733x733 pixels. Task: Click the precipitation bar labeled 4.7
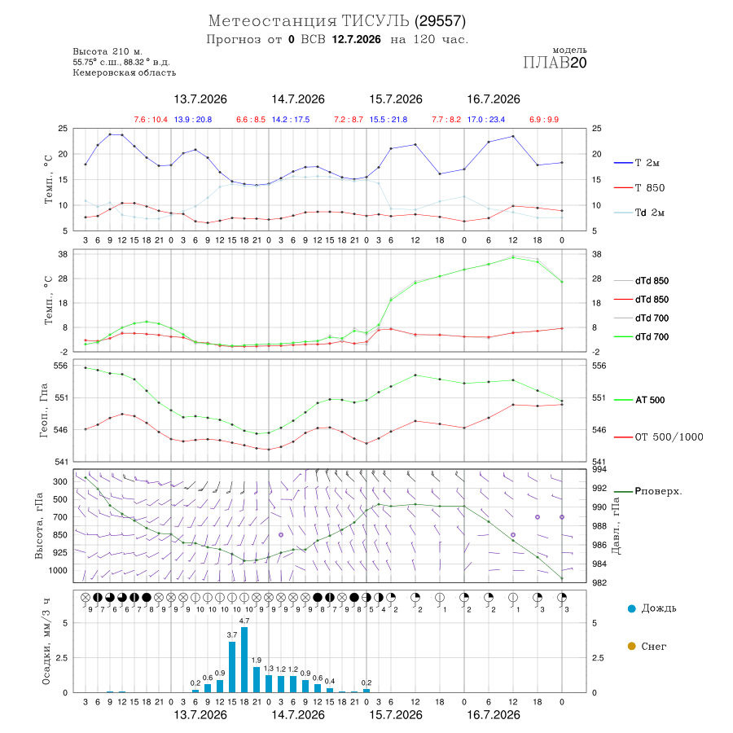(x=244, y=660)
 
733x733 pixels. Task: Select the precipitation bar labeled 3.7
(x=232, y=667)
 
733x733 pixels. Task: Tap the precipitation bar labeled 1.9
(x=257, y=680)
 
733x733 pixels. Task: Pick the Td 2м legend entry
(x=639, y=213)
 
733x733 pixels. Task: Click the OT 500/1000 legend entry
(x=658, y=437)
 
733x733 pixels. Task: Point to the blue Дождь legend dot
(x=631, y=608)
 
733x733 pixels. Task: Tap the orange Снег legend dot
(x=631, y=646)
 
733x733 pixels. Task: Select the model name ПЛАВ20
(x=555, y=63)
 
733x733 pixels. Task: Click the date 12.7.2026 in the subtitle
(x=356, y=39)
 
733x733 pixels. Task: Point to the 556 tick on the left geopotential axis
(x=61, y=366)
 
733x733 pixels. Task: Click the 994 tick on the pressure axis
(x=599, y=469)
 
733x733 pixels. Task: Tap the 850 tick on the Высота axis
(x=59, y=535)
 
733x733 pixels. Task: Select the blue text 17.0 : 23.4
(x=485, y=120)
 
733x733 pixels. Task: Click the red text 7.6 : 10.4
(x=151, y=120)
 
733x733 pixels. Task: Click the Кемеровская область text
(x=125, y=73)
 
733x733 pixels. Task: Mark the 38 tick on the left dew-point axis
(x=63, y=254)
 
